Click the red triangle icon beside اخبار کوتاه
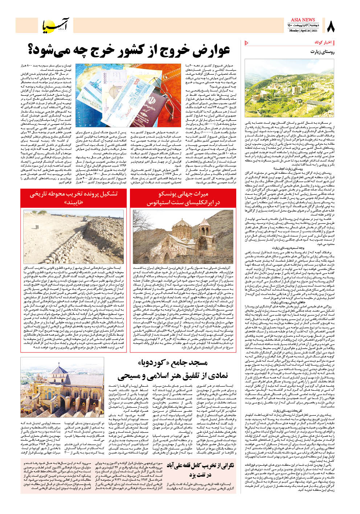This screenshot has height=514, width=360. (x=247, y=43)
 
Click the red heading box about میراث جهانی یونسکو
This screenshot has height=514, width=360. (x=183, y=198)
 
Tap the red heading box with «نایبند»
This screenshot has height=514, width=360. (x=74, y=198)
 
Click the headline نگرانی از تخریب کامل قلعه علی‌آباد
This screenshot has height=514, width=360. (x=200, y=470)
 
